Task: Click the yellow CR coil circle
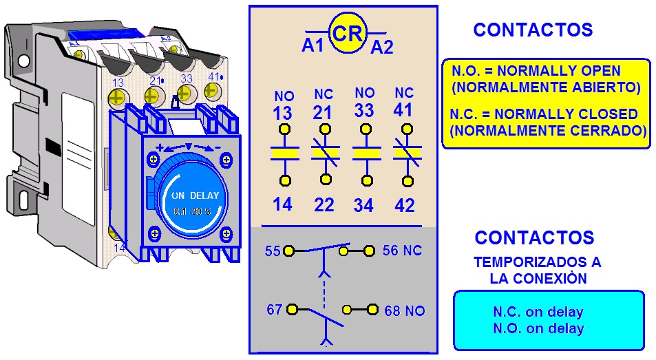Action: click(x=347, y=33)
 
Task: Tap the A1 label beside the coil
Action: click(x=313, y=45)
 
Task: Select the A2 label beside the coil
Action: click(x=382, y=47)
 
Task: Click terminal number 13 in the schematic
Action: click(x=282, y=114)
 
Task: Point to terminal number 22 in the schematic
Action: click(x=324, y=205)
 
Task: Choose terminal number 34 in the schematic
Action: click(x=363, y=205)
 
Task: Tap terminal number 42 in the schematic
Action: click(x=405, y=205)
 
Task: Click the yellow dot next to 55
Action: click(x=288, y=251)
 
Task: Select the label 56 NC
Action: click(x=402, y=251)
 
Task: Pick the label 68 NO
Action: click(x=405, y=310)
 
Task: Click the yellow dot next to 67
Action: click(x=292, y=310)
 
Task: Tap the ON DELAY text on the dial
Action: click(x=195, y=195)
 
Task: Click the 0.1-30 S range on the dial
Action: click(x=192, y=211)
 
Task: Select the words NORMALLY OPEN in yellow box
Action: click(x=558, y=71)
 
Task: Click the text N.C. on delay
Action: click(x=538, y=312)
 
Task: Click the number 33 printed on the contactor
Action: click(x=186, y=78)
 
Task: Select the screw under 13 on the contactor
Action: click(x=118, y=98)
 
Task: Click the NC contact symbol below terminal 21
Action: click(x=325, y=153)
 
